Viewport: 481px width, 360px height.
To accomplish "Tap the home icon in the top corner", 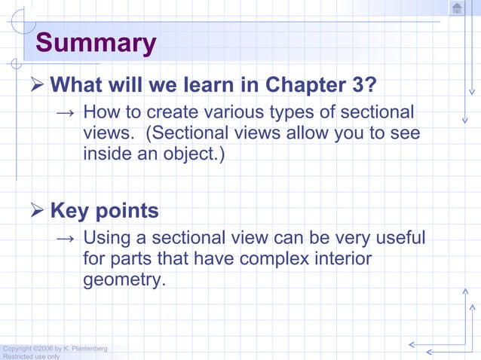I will [457, 8].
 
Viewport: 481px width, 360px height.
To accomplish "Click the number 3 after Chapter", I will [359, 84].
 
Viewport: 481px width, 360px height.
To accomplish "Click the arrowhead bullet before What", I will [35, 84].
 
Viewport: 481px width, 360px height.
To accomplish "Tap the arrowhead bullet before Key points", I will [35, 210].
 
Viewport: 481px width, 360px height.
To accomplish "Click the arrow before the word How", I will [66, 113].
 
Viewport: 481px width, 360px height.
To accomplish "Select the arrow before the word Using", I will [66, 239].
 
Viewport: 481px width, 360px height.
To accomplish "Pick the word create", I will [177, 113].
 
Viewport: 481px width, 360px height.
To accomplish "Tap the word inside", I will [109, 155].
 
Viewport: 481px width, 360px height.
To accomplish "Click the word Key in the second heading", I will [69, 210].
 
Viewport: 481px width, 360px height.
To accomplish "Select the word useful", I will [400, 239].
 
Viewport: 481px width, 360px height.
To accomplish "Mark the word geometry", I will [122, 281].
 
